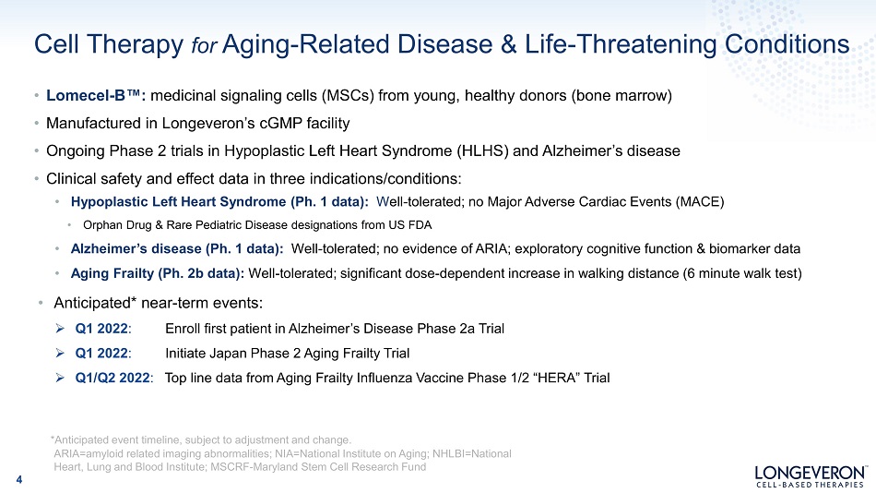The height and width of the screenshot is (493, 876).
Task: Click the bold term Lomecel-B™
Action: coord(96,96)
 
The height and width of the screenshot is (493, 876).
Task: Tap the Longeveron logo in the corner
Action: coord(811,476)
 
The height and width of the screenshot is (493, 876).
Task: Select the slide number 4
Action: coord(19,479)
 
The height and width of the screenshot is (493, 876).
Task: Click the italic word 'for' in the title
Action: coord(204,45)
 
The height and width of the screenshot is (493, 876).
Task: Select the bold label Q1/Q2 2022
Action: coord(112,378)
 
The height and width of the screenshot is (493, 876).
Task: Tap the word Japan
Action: coord(228,353)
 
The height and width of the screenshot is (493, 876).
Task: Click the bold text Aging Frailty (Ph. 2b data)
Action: coord(157,273)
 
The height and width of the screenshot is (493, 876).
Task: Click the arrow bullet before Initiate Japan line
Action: coord(60,353)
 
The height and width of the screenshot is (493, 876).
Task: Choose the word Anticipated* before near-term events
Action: coord(95,303)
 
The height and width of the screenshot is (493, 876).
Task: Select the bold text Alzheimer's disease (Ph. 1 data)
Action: coord(176,248)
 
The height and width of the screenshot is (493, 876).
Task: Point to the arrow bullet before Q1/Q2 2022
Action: coord(60,378)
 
